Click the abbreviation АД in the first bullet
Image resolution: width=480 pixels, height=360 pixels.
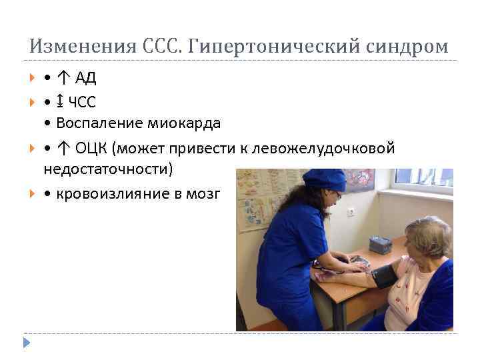[x=86, y=78]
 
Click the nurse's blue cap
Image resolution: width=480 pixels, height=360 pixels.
[x=325, y=179]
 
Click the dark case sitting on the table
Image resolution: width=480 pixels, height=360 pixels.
[x=381, y=244]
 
